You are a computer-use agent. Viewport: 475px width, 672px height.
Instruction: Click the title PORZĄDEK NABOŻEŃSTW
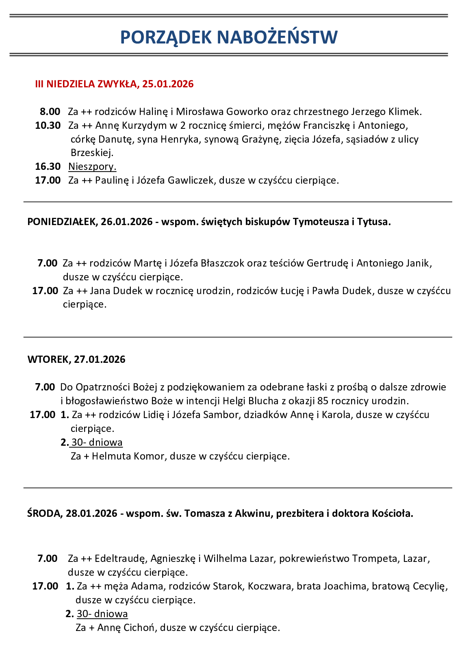point(229,37)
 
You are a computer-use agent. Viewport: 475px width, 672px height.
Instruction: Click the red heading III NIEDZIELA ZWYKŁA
point(86,84)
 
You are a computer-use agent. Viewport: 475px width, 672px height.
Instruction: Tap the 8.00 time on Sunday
point(50,112)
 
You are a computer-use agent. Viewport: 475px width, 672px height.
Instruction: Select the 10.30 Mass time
point(48,126)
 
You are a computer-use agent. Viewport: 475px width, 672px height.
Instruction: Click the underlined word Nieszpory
point(92,167)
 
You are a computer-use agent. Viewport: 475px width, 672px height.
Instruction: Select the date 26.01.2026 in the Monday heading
point(126,222)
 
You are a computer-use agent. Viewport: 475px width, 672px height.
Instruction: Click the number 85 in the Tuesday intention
point(323,401)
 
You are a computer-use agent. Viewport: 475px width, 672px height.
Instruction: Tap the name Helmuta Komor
point(128,456)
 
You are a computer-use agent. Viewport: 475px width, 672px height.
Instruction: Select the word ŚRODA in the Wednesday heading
point(44,514)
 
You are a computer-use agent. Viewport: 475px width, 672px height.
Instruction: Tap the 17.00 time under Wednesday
point(45,586)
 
